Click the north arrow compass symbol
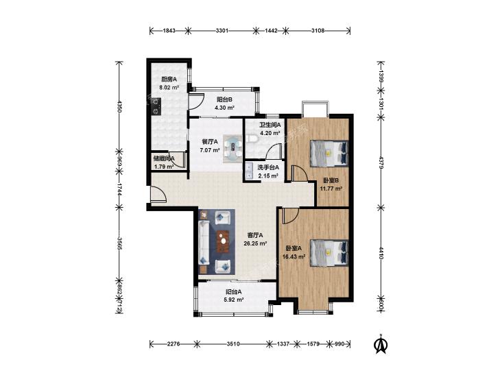click(x=380, y=343)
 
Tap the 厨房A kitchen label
click(x=169, y=80)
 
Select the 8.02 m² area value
click(x=169, y=87)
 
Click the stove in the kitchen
click(x=156, y=106)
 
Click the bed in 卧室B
click(x=329, y=153)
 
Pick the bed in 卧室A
click(x=329, y=253)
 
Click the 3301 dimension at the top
click(x=222, y=31)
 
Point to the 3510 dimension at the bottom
click(x=233, y=344)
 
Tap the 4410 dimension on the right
click(x=381, y=252)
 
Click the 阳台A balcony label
click(x=234, y=292)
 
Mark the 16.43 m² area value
click(x=294, y=256)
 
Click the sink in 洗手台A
click(x=249, y=172)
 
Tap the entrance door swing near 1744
click(x=158, y=193)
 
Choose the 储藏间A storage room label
click(x=164, y=158)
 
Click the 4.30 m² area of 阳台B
click(x=224, y=108)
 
